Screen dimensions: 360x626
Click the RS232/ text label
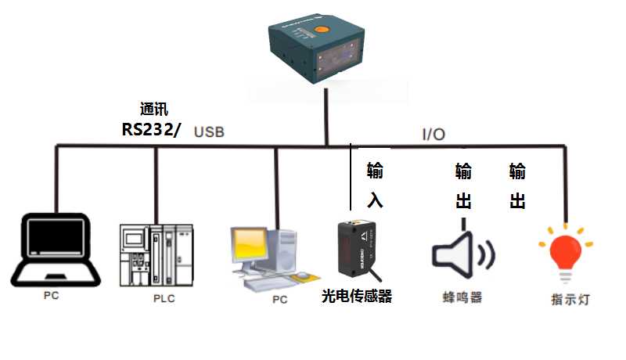pyautogui.click(x=151, y=130)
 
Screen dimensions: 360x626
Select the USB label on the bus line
pyautogui.click(x=209, y=132)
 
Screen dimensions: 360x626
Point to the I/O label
pyautogui.click(x=434, y=134)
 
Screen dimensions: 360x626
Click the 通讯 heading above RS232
pyautogui.click(x=153, y=110)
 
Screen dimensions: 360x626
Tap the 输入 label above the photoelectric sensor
pyautogui.click(x=375, y=185)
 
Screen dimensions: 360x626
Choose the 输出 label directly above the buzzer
pyautogui.click(x=463, y=185)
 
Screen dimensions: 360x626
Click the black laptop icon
pyautogui.click(x=55, y=250)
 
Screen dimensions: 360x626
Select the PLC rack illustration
pyautogui.click(x=156, y=255)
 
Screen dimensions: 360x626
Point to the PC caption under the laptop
pyautogui.click(x=52, y=297)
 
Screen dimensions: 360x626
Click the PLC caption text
pyautogui.click(x=164, y=299)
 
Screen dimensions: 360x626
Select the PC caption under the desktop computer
pyautogui.click(x=279, y=300)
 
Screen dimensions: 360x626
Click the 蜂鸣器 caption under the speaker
pyautogui.click(x=462, y=297)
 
